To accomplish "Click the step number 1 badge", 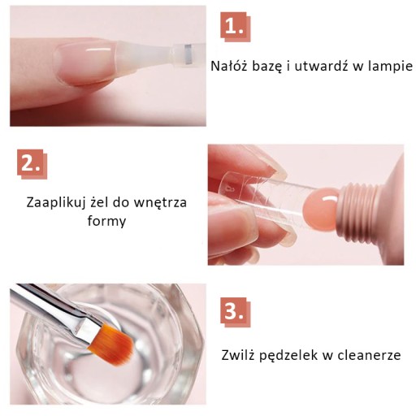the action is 236,27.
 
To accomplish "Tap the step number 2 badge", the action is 32,164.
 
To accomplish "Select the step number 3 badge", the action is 236,312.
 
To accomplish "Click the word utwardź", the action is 321,66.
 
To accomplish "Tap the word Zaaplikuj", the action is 55,203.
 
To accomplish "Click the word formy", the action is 106,221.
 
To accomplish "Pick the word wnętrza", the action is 160,202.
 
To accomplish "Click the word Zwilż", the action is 238,354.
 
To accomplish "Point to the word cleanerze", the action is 369,355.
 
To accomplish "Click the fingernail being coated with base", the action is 86,63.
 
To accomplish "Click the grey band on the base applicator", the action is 188,55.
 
